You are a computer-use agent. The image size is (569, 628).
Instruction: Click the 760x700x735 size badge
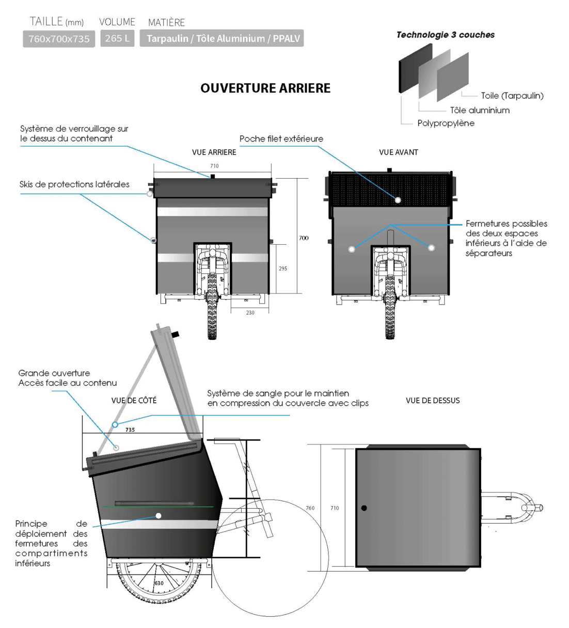click(59, 39)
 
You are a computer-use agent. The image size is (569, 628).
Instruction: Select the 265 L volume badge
click(117, 38)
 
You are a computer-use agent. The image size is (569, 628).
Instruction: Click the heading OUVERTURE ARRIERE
click(265, 88)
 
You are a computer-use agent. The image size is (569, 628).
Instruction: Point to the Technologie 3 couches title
click(445, 35)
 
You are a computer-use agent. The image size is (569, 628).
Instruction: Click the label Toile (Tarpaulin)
click(512, 96)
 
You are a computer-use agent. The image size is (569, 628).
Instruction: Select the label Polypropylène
click(446, 123)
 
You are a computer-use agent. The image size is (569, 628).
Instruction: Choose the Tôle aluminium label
click(479, 110)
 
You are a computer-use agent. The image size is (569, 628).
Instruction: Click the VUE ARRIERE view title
click(214, 152)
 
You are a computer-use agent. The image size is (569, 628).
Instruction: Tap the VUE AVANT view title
click(398, 152)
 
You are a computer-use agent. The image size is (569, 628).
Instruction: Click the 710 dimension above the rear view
click(214, 166)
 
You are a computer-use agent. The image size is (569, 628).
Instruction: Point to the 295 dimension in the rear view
click(283, 269)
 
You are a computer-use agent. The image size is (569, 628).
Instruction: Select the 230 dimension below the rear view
click(250, 312)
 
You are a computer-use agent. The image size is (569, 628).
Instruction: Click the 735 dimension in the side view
click(130, 430)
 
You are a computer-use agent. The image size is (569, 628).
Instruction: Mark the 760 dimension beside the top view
click(310, 508)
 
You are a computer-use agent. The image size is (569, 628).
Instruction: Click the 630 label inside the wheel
click(159, 583)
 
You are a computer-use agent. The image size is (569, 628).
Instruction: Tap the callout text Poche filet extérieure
click(281, 139)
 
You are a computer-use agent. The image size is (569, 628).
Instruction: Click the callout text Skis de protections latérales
click(74, 184)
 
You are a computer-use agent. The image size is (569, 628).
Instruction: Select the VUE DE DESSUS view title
click(432, 400)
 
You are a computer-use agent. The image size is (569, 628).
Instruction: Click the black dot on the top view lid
click(364, 508)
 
